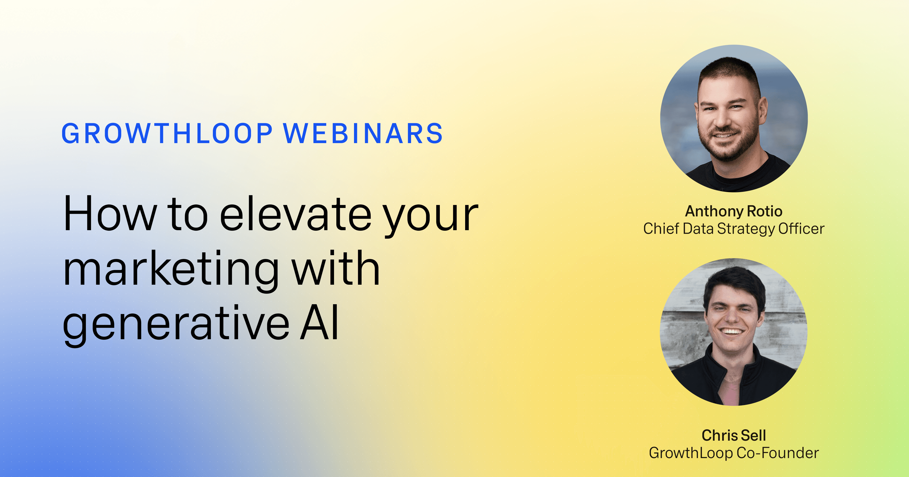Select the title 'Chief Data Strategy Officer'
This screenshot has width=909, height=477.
pyautogui.click(x=734, y=229)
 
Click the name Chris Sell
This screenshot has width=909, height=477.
pyautogui.click(x=734, y=435)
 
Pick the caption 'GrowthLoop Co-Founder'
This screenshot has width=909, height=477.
pyautogui.click(x=734, y=453)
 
